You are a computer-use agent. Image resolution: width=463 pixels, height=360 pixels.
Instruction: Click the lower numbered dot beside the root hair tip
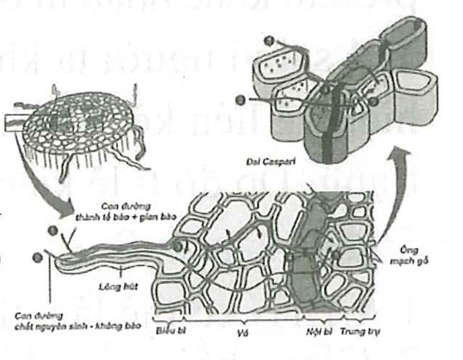(x=37, y=257)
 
